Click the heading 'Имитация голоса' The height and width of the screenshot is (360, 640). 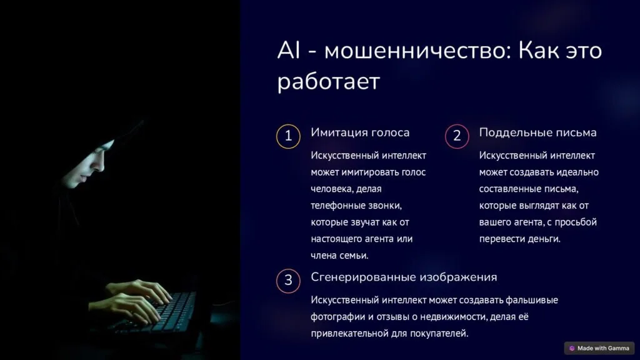[x=360, y=132]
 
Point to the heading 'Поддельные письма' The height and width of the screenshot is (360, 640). [x=537, y=132]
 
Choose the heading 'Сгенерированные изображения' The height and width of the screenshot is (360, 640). [x=404, y=277]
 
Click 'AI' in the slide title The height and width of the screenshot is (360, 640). [x=289, y=51]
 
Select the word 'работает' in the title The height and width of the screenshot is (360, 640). [x=329, y=82]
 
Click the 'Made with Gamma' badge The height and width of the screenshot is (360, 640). [x=599, y=348]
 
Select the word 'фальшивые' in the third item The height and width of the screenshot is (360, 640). [x=532, y=300]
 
